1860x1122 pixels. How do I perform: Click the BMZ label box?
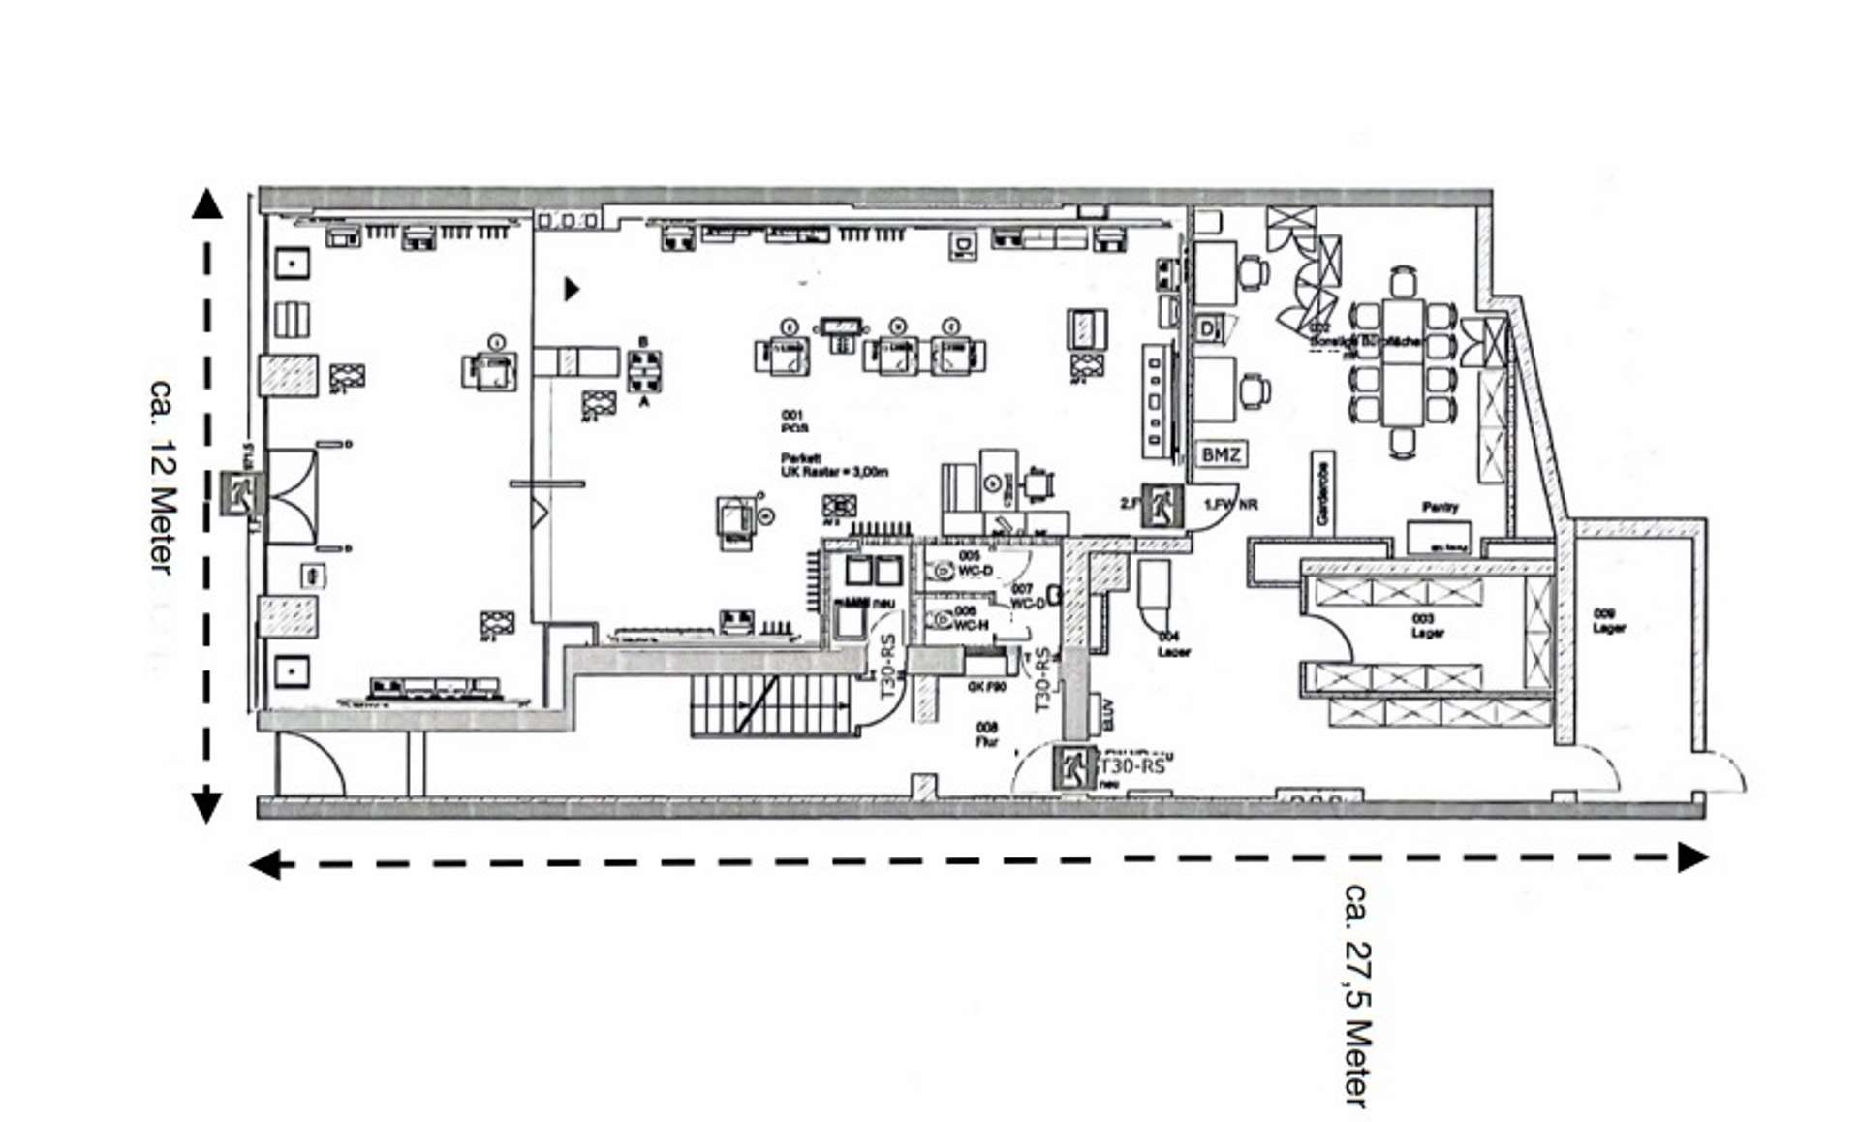pyautogui.click(x=1220, y=454)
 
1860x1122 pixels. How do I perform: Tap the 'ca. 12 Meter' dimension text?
pyautogui.click(x=164, y=475)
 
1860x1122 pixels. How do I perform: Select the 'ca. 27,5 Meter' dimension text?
pyautogui.click(x=1358, y=994)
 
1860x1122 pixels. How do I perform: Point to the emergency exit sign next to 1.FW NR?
pyautogui.click(x=1161, y=505)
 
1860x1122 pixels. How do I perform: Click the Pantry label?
pyautogui.click(x=1440, y=507)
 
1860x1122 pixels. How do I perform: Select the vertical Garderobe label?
pyautogui.click(x=1323, y=491)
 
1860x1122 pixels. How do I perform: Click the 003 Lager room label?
pyautogui.click(x=1426, y=625)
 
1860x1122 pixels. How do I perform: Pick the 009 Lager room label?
pyautogui.click(x=1609, y=620)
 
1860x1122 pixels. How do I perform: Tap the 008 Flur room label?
pyautogui.click(x=986, y=733)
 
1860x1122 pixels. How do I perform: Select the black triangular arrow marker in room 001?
pyautogui.click(x=572, y=288)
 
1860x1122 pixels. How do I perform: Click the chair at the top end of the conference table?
pyautogui.click(x=1403, y=283)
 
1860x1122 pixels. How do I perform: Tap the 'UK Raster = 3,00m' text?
pyautogui.click(x=834, y=472)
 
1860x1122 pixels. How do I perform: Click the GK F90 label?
pyautogui.click(x=986, y=686)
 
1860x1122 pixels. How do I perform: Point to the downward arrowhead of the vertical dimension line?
pyautogui.click(x=206, y=807)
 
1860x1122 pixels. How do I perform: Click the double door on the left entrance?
pyautogui.click(x=292, y=495)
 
